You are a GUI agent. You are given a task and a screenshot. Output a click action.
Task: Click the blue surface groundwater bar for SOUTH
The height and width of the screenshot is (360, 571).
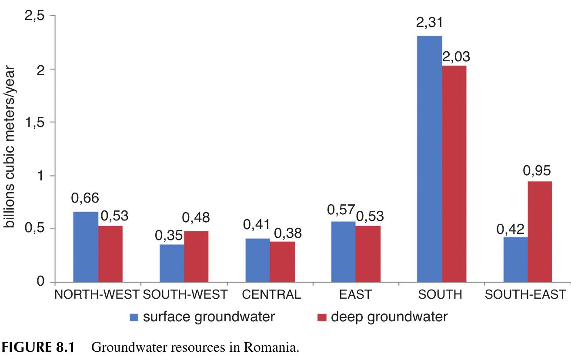point(429,159)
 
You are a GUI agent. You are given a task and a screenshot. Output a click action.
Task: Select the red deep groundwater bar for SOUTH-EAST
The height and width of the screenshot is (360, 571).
point(540,231)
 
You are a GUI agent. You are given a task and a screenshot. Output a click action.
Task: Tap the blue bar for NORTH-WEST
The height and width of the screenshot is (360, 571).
point(86,247)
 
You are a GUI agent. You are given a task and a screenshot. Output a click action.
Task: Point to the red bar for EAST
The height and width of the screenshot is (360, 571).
point(368,254)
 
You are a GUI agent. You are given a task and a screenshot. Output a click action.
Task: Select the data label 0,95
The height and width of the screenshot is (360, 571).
point(540,168)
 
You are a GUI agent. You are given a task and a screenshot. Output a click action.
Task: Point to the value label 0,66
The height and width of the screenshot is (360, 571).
point(85,198)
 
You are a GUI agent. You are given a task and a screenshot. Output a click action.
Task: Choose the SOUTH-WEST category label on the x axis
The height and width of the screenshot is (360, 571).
point(185,294)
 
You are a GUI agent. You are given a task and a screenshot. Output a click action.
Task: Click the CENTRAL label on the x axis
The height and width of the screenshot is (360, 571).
point(271,294)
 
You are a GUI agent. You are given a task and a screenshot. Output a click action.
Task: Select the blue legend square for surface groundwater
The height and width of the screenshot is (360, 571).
point(134,317)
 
